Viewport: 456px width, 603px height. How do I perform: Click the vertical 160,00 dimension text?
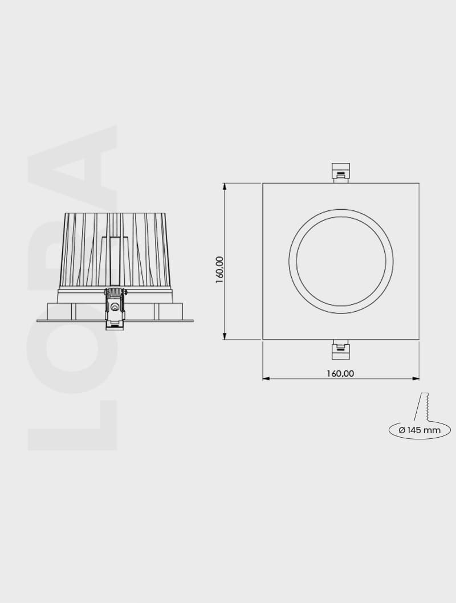tap(219, 270)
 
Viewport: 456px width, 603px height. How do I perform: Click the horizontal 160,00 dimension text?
tap(340, 374)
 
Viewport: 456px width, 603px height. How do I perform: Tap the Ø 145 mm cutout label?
tap(420, 430)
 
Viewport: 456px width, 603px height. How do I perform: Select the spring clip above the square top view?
tap(341, 171)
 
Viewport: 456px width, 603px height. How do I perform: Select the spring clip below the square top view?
tap(341, 351)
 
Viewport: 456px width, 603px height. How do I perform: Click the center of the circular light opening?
tap(341, 262)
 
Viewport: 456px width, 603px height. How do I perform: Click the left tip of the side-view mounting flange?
tap(38, 321)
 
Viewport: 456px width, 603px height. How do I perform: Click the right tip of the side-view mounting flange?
tap(192, 321)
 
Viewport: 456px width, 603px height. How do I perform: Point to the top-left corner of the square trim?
tap(263, 184)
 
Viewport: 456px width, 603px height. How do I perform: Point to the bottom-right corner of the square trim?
tap(419, 340)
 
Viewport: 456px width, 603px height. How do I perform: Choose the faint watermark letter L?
tap(71, 425)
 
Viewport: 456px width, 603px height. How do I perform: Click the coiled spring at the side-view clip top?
tap(115, 292)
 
